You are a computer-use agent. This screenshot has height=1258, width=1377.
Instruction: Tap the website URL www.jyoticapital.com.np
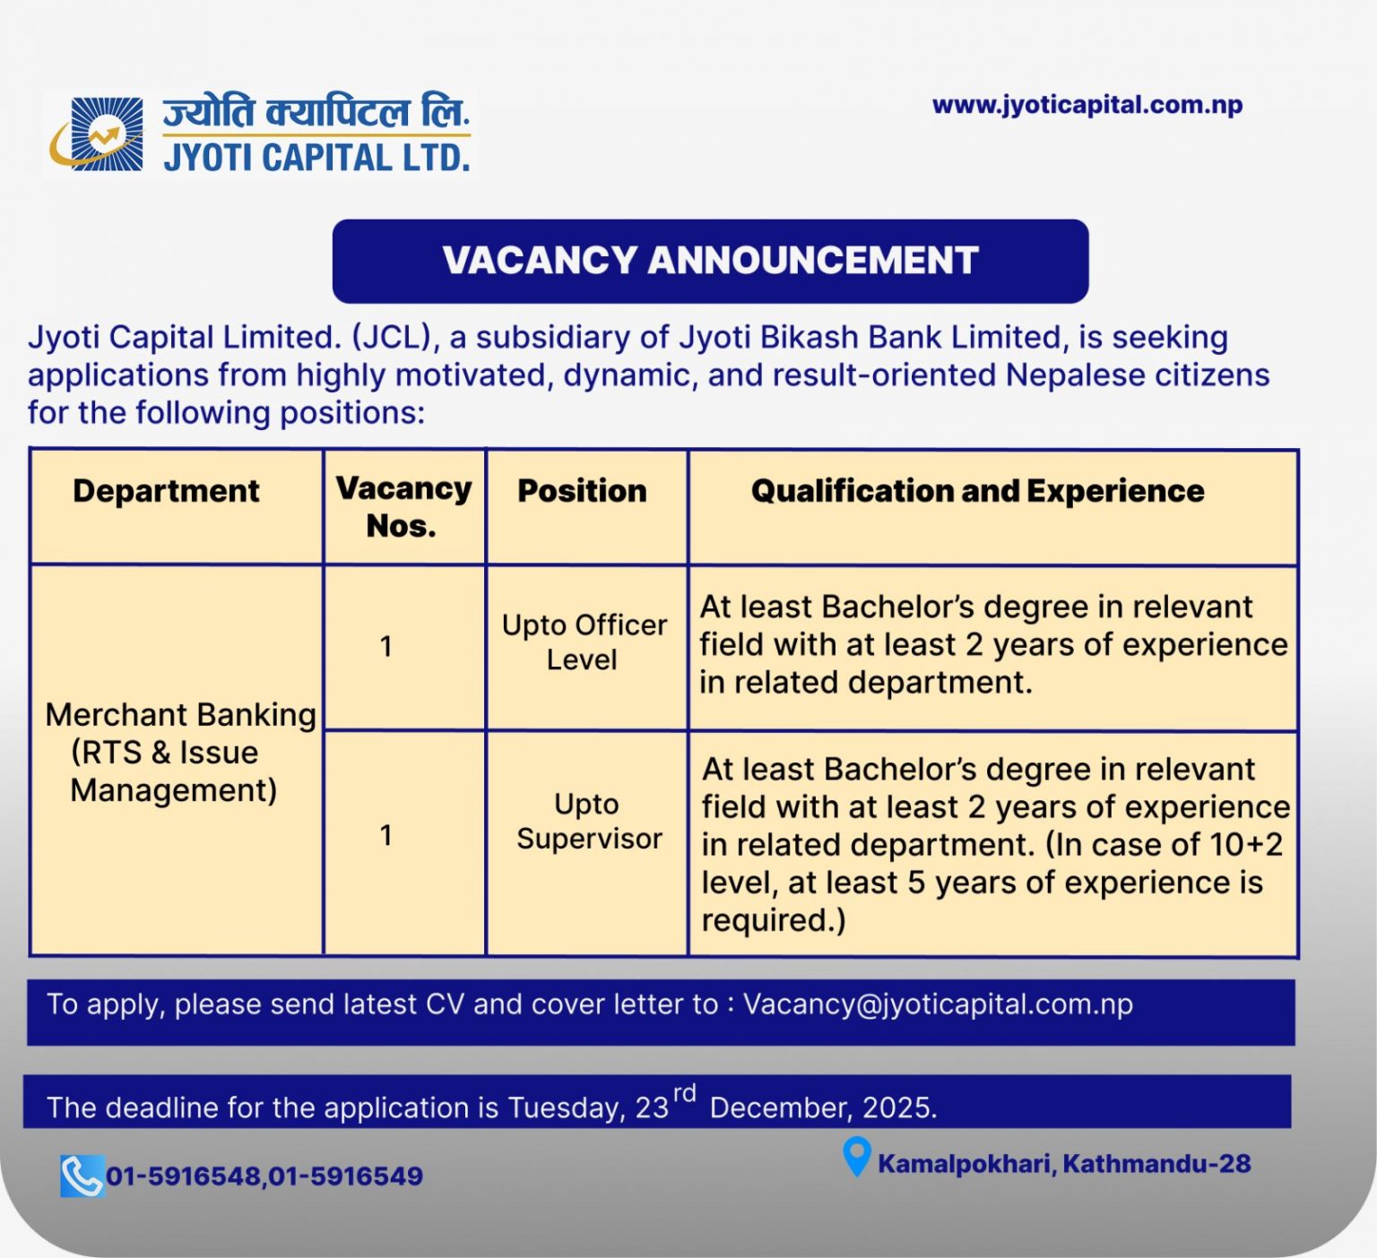(1087, 105)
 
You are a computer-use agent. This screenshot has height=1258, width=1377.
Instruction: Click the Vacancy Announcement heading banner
(710, 261)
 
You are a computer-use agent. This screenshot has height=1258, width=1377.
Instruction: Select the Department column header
(166, 491)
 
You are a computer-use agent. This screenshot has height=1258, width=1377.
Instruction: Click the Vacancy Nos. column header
(403, 507)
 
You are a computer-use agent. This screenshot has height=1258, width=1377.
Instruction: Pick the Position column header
(582, 491)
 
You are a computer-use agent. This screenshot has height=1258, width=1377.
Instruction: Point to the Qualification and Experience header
(977, 491)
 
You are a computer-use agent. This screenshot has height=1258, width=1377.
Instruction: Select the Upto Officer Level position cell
(584, 642)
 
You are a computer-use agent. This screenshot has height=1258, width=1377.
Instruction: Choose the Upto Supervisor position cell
(588, 822)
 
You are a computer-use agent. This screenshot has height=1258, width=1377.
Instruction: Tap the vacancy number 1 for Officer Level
(386, 646)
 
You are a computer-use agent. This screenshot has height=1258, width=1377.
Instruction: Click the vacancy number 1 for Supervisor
(386, 835)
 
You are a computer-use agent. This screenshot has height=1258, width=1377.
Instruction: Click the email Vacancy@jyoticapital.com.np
(938, 1004)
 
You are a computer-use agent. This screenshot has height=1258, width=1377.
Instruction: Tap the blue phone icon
(82, 1176)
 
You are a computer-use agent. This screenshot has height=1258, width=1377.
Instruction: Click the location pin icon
(856, 1157)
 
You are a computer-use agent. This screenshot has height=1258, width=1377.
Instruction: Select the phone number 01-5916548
(184, 1176)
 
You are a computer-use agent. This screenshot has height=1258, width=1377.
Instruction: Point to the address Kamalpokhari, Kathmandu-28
(1064, 1164)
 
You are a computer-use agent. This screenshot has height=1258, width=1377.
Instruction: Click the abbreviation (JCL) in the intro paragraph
(393, 338)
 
